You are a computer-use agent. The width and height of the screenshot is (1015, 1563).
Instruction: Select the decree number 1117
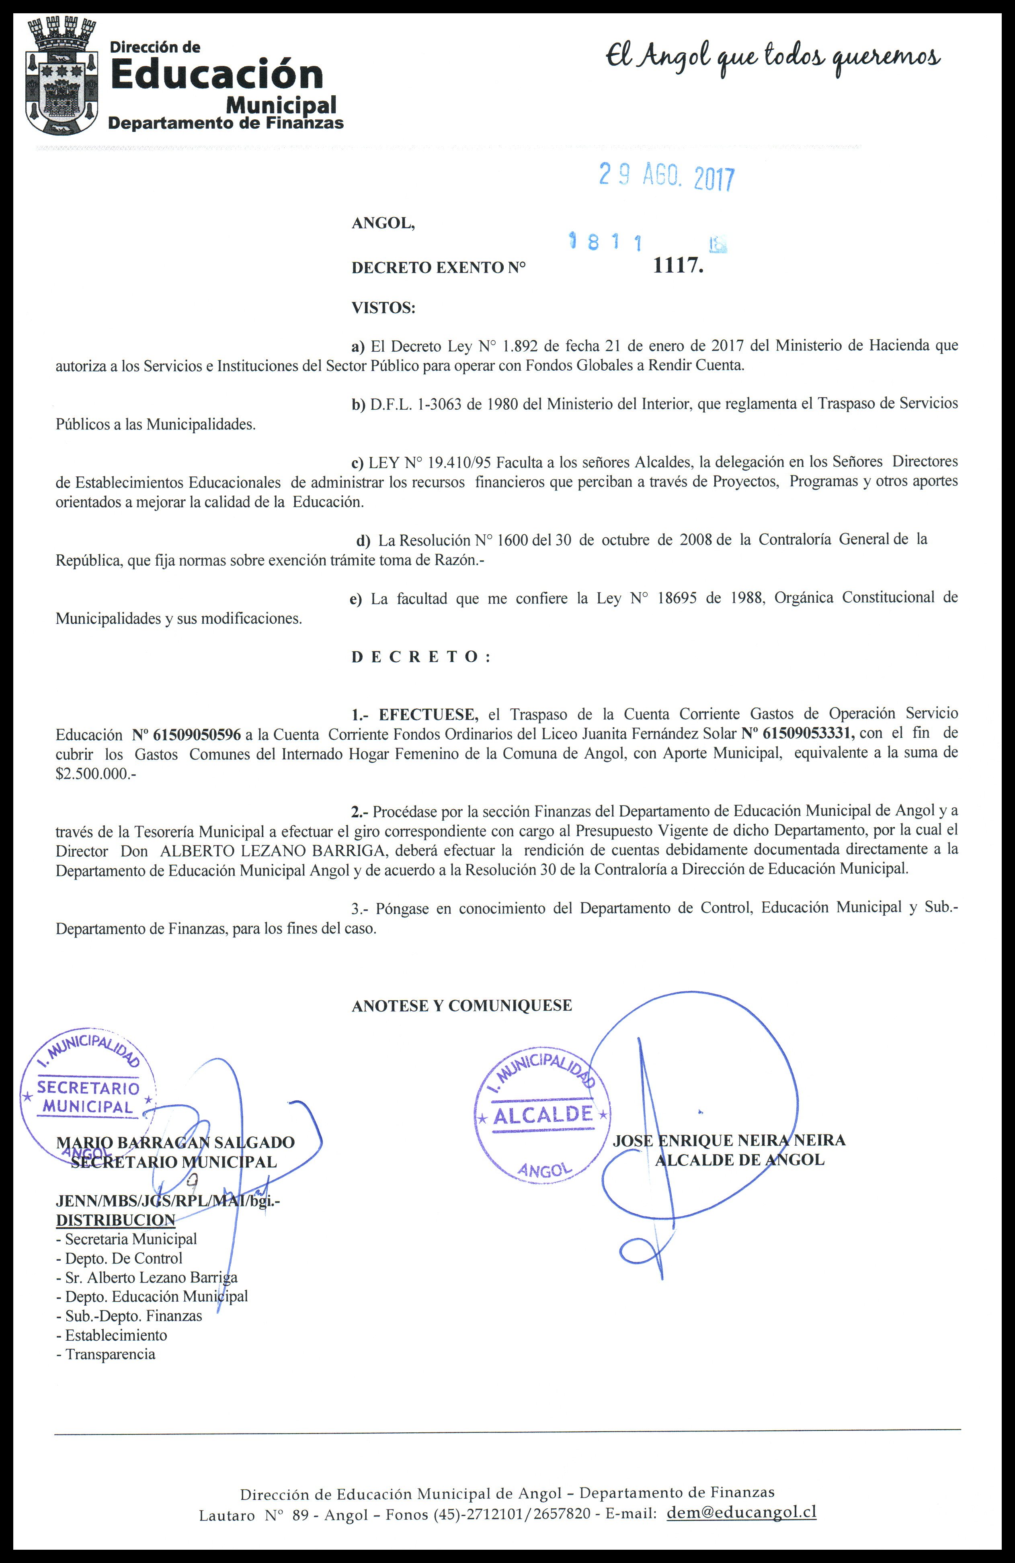click(678, 266)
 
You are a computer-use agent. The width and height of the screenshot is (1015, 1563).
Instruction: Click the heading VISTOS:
click(383, 308)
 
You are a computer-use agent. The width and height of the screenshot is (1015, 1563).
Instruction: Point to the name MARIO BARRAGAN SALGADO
click(175, 1143)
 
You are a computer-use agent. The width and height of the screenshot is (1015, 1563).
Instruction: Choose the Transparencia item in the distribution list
click(110, 1354)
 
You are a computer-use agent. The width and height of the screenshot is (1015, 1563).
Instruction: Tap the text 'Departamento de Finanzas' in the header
click(225, 123)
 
